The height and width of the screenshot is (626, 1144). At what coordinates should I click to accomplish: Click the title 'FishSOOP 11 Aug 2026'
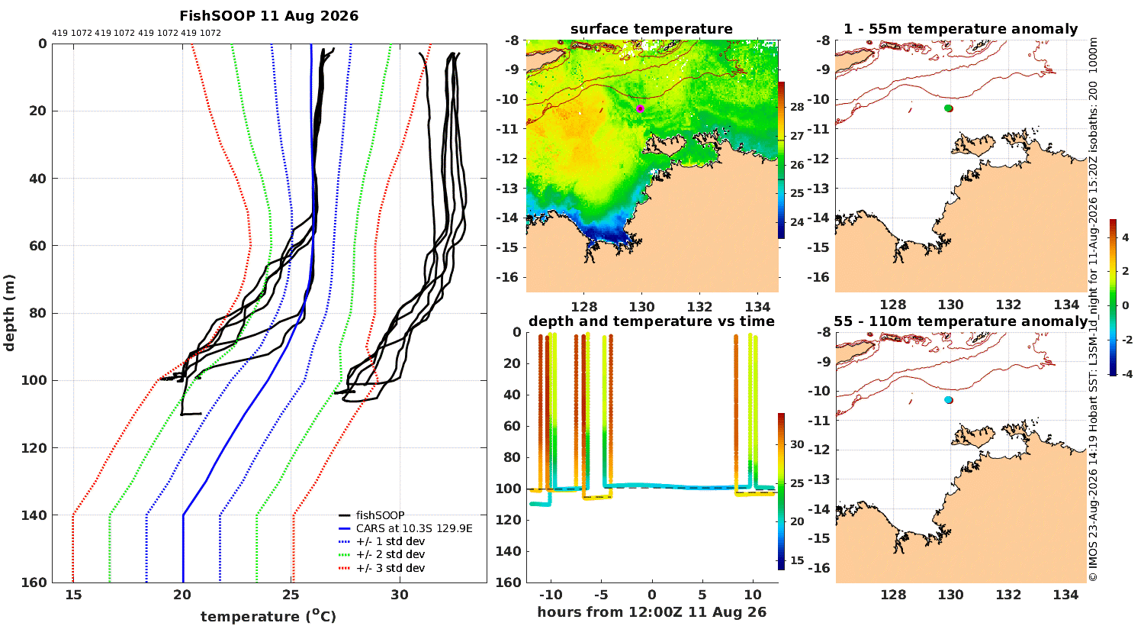268,16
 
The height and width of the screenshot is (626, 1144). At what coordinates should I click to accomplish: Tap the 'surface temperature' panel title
651,29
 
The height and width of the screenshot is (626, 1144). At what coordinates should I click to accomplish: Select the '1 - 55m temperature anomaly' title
960,29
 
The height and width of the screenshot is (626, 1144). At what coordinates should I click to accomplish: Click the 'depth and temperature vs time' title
651,321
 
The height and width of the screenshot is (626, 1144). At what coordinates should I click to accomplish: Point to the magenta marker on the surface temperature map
640,108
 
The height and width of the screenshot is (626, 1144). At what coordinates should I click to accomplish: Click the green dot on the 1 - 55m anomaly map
948,108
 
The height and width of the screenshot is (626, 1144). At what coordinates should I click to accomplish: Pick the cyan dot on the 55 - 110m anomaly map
948,399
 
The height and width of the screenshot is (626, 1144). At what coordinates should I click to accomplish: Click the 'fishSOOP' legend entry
380,515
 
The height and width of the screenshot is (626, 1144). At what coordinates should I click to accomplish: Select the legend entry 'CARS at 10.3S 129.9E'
414,528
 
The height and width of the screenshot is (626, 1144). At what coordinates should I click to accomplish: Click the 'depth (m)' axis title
9,313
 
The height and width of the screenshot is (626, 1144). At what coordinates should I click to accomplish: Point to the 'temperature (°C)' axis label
268,616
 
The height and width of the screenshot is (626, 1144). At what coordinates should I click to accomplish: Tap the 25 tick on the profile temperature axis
291,595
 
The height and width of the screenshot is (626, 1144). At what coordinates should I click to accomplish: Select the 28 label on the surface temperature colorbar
797,107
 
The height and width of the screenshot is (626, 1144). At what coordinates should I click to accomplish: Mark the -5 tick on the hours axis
601,595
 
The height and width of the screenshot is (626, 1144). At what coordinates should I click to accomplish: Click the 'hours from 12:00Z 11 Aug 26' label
651,612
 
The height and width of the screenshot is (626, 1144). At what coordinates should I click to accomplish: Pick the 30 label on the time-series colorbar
797,444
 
